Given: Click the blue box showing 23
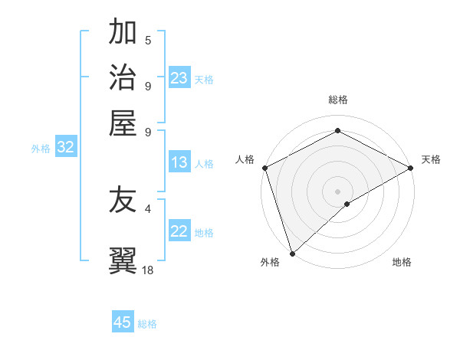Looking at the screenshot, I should pos(179,78).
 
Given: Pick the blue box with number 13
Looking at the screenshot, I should pos(179,162).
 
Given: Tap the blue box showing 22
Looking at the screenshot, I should pos(179,232).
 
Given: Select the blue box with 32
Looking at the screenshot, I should pos(65,148).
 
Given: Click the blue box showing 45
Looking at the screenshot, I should pos(123,322).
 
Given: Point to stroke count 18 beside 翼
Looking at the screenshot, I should pos(148,270).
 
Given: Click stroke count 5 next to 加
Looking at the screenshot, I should pos(148,40).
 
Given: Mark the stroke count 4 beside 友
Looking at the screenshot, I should pos(148,208).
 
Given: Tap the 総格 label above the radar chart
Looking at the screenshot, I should pos(337,100).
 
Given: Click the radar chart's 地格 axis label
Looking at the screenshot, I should pos(402,263).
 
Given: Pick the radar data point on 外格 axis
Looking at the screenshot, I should pos(292,253).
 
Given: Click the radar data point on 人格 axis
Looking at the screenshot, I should pos(264,168).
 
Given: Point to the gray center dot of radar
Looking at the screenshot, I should pos(337,191).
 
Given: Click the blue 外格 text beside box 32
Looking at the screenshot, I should pos(41,149).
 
